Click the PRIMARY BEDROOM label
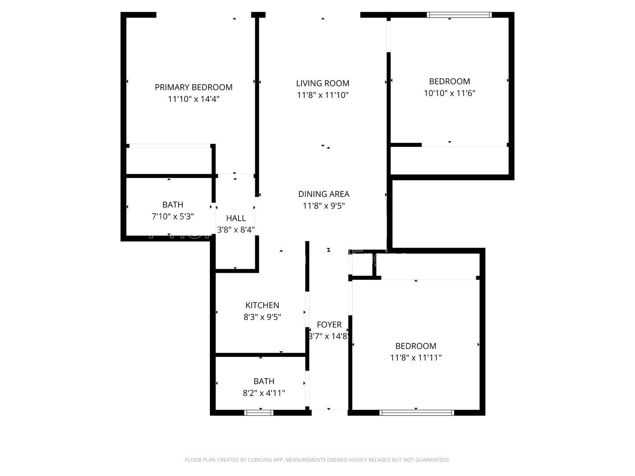(x=193, y=87)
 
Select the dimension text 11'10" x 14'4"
(x=193, y=99)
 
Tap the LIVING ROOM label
(x=322, y=83)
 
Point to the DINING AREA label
(x=324, y=194)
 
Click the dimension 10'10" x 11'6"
(x=449, y=93)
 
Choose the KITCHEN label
(x=262, y=305)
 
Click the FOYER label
(x=329, y=325)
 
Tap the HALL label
(x=235, y=218)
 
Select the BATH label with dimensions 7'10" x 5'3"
(x=172, y=205)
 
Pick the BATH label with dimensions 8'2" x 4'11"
(x=264, y=381)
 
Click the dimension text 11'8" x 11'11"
(x=415, y=358)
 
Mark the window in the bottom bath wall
(x=259, y=413)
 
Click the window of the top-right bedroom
(x=459, y=15)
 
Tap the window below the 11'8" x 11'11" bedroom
(x=416, y=413)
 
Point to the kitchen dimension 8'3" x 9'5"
(x=262, y=317)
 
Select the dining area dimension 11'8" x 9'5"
(x=324, y=206)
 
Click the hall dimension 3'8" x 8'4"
(x=235, y=230)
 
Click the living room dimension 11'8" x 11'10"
(x=322, y=95)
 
